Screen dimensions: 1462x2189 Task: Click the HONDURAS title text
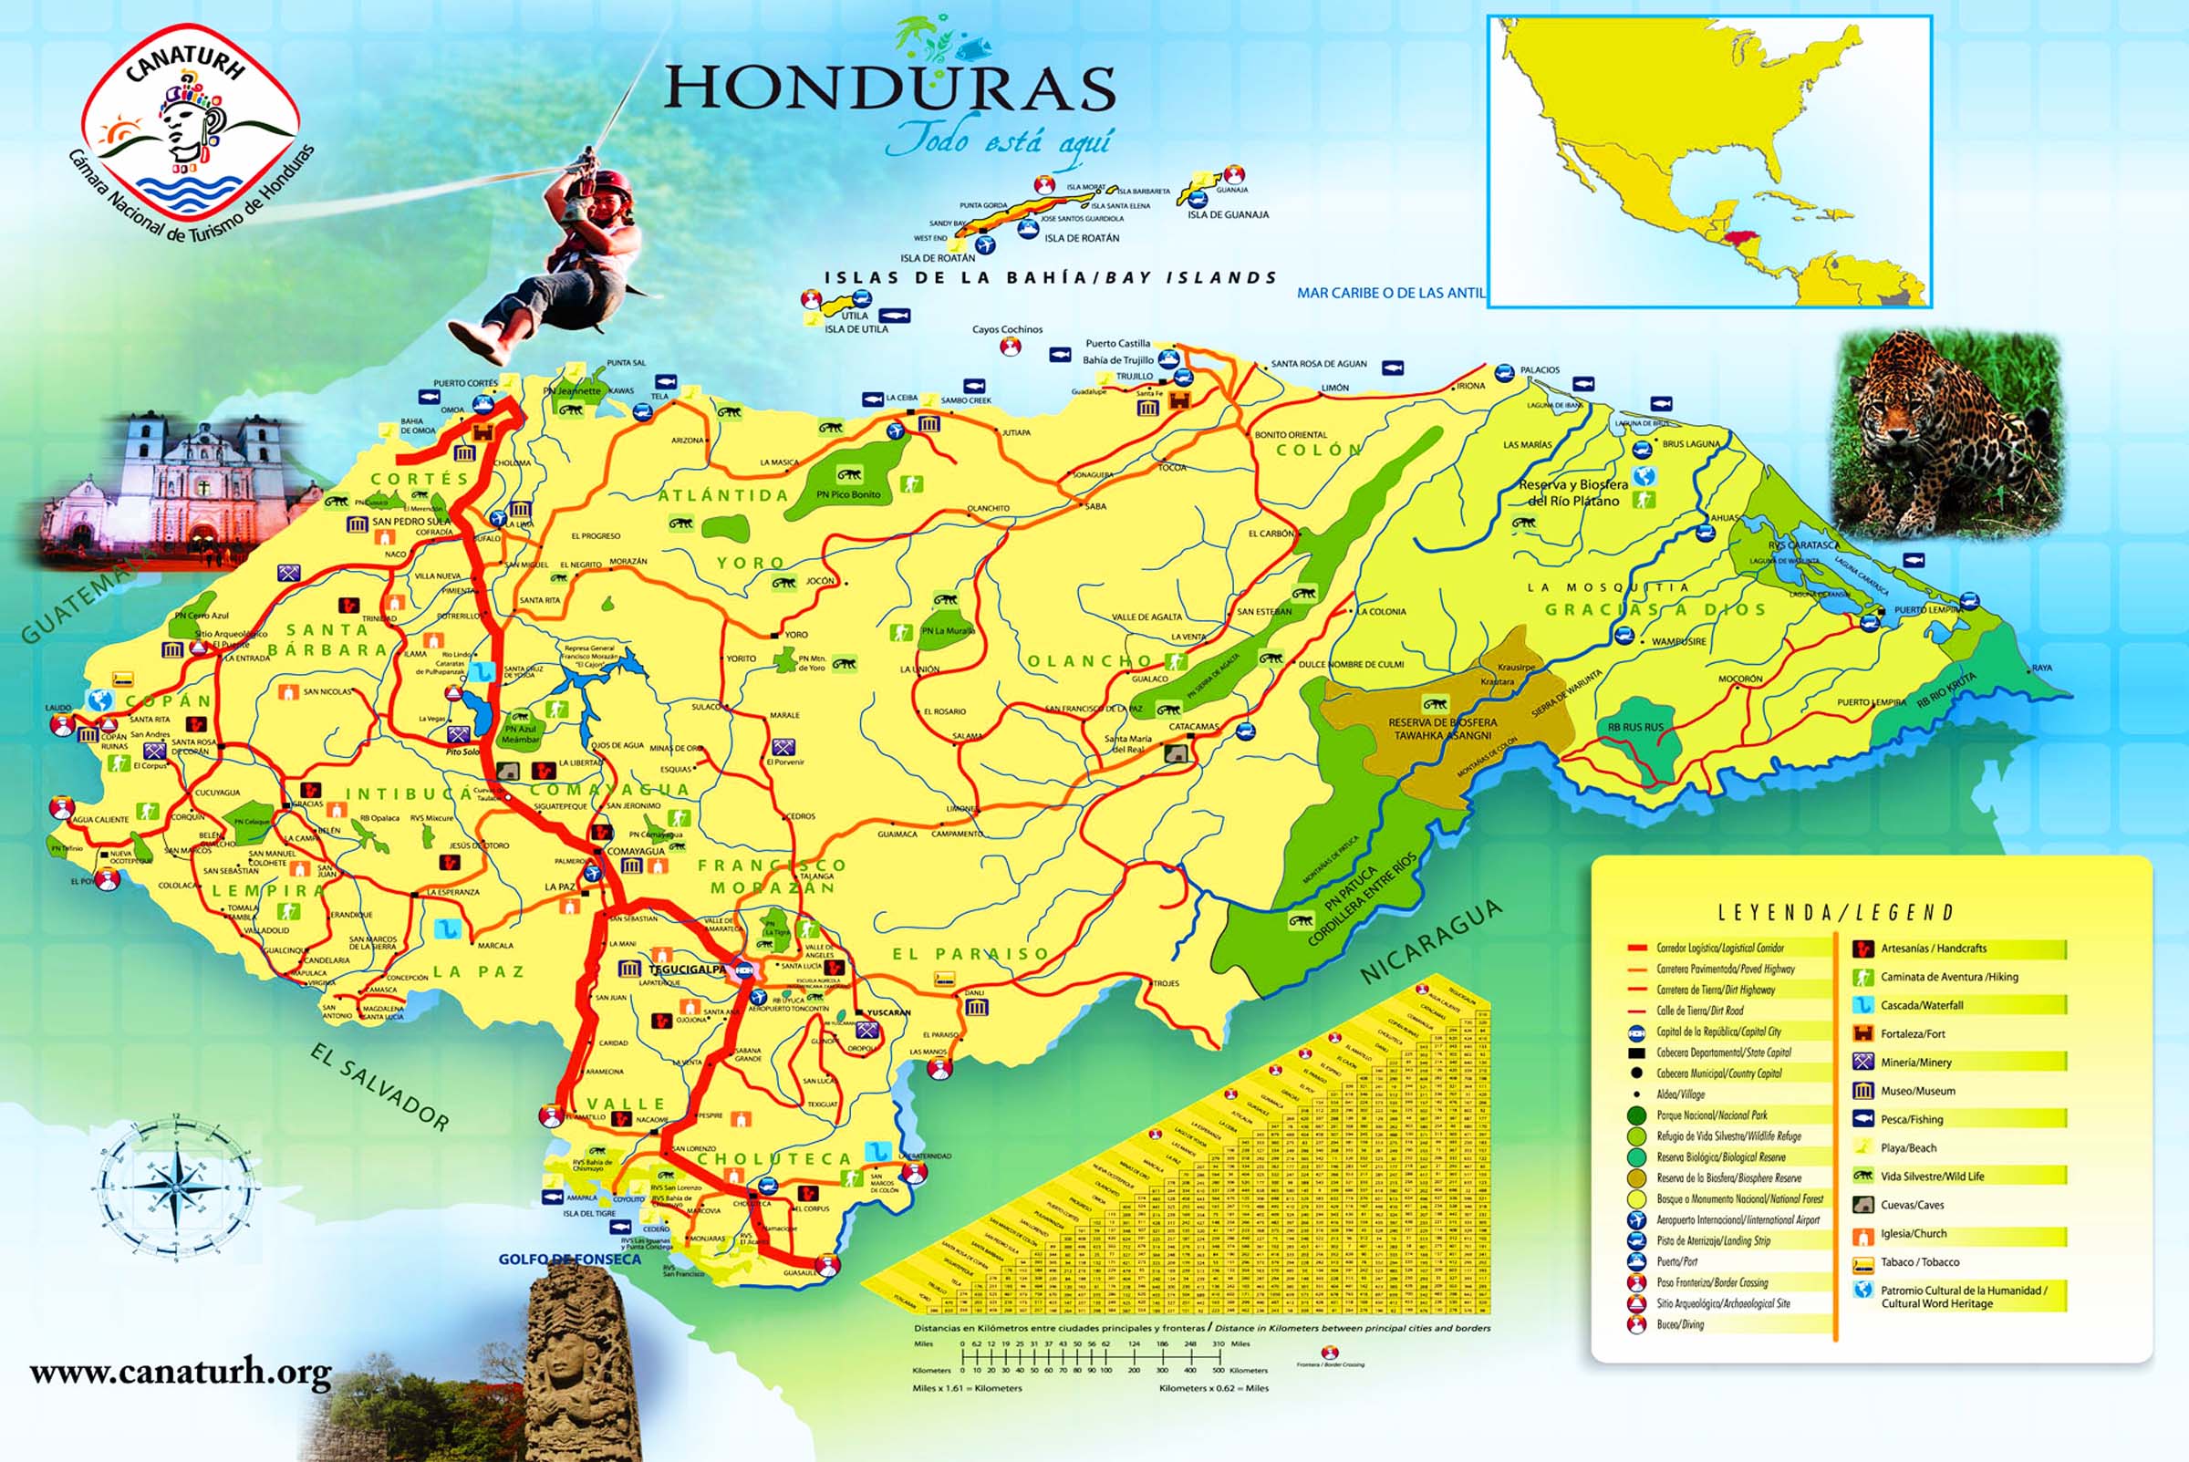[889, 88]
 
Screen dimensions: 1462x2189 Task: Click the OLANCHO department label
[1090, 661]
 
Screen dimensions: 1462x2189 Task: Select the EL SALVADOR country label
[379, 1087]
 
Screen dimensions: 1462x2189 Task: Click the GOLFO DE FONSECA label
[569, 1259]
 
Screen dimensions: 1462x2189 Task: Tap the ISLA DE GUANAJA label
[1227, 214]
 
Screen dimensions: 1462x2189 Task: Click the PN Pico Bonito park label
[847, 494]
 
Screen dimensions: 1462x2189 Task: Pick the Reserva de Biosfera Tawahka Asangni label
[1442, 728]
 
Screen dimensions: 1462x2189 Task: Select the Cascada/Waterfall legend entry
[1921, 1005]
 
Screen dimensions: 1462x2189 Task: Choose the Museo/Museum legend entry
[1917, 1091]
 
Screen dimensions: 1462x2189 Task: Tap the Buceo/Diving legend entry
[1680, 1324]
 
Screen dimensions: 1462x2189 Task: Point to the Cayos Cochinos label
[1007, 329]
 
